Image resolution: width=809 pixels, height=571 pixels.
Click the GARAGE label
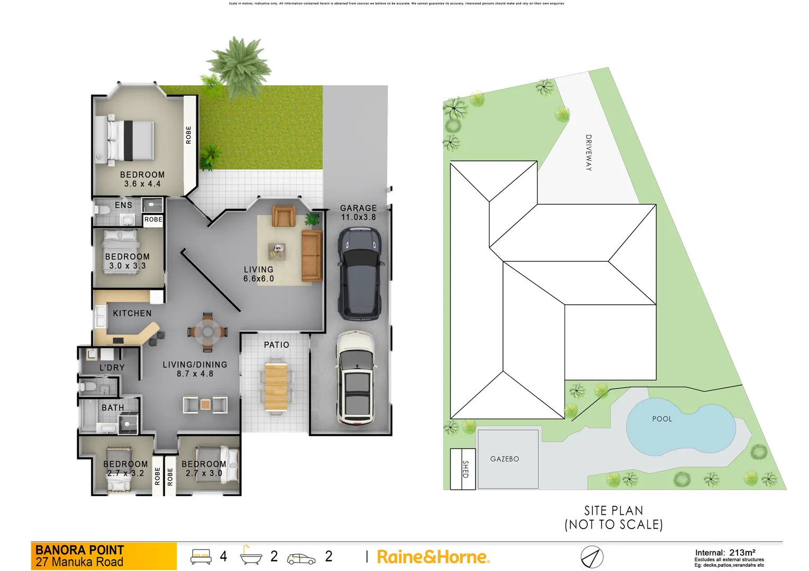click(x=358, y=208)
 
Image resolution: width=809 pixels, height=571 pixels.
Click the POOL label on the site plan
click(x=662, y=419)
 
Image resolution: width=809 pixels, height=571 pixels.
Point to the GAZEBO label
click(x=505, y=459)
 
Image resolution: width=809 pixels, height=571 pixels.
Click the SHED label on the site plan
click(x=465, y=469)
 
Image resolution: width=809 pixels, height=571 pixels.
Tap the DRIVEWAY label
click(x=588, y=153)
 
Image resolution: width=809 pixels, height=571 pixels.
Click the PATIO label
click(x=276, y=345)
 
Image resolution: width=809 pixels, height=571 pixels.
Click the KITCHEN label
click(x=132, y=314)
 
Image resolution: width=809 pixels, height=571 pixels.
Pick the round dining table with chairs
click(x=208, y=331)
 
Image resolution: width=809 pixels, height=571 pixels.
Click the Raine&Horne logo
click(x=433, y=557)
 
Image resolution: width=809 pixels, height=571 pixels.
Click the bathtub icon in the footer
click(x=251, y=556)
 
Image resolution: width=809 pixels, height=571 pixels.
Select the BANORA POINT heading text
click(x=79, y=550)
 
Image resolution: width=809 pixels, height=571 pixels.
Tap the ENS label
click(x=123, y=205)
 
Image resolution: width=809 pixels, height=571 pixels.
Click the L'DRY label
click(x=112, y=367)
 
